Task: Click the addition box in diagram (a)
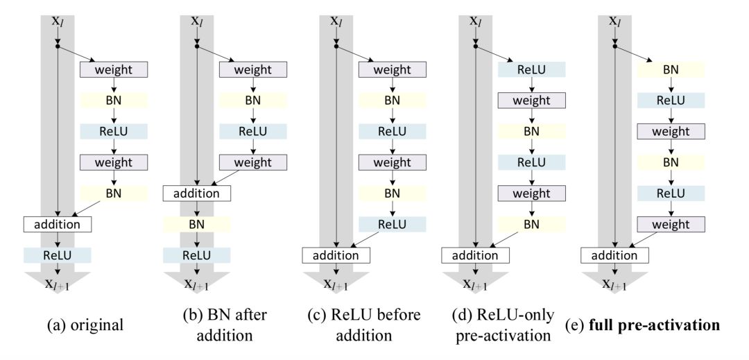coord(58,224)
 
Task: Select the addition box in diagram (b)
coord(197,193)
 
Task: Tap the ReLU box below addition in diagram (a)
coord(58,255)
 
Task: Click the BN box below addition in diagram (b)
coord(197,224)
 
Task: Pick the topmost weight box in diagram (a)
coord(114,69)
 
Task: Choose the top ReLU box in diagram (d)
coord(532,69)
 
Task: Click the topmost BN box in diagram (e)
coord(671,69)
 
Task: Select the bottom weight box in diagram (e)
coord(671,224)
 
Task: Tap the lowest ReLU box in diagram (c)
coord(393,224)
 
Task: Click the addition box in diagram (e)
coord(614,255)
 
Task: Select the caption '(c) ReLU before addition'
coord(364,324)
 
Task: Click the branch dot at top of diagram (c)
coord(336,46)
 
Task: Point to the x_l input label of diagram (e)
coord(615,22)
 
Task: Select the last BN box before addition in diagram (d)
coord(532,224)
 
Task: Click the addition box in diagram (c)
coord(336,255)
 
